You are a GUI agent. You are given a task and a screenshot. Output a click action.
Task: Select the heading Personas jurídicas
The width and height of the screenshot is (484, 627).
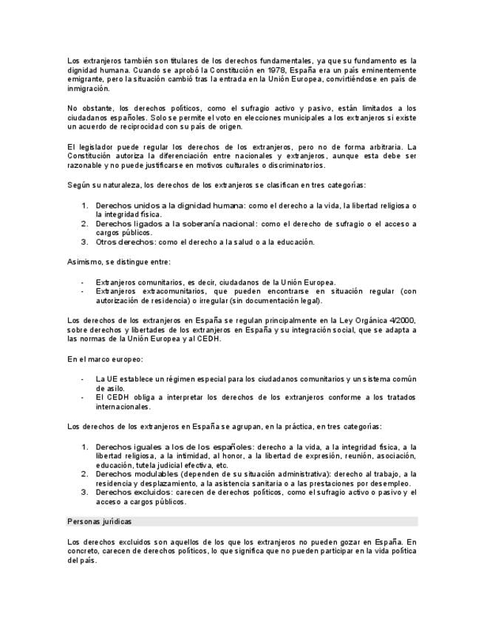coord(100,522)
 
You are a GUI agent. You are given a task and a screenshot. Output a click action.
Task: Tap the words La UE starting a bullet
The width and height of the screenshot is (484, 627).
coord(105,379)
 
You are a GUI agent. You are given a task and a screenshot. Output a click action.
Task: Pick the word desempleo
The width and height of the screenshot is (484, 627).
coord(386,484)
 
